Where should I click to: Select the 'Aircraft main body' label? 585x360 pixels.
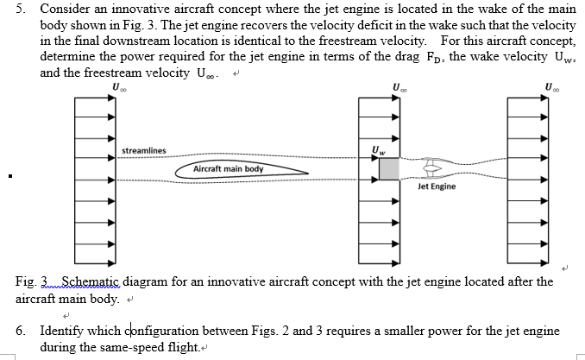(x=229, y=169)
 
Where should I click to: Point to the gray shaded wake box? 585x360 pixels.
(x=389, y=168)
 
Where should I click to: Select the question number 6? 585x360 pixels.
(x=21, y=331)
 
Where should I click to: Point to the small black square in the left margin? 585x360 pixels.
(x=7, y=180)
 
